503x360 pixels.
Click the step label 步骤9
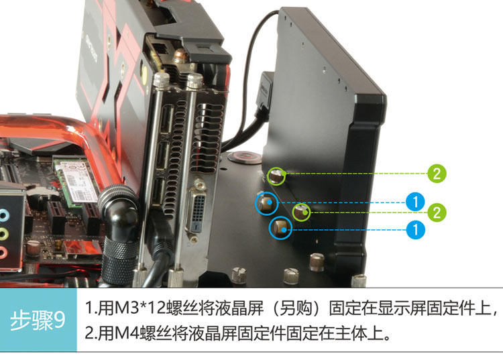[x=38, y=320]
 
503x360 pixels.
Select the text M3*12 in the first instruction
[x=139, y=308]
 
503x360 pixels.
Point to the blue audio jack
[x=3, y=215]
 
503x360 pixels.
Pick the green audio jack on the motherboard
[x=3, y=234]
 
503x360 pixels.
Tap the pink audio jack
[x=3, y=252]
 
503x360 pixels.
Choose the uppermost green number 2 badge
[x=437, y=174]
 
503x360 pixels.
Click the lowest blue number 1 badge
[x=415, y=229]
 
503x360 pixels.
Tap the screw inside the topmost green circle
[x=276, y=176]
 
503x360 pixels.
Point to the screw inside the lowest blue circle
[x=280, y=228]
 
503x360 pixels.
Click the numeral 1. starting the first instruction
[x=91, y=308]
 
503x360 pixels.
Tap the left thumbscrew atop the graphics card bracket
[x=161, y=80]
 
